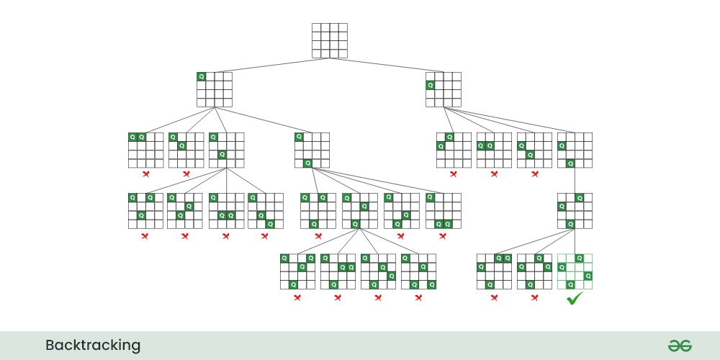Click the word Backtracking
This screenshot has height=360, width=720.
[93, 346]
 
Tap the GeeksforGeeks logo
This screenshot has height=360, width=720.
[680, 346]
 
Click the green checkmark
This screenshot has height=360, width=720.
[575, 299]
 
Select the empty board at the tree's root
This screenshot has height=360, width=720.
[330, 41]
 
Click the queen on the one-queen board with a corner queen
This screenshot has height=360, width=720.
[201, 77]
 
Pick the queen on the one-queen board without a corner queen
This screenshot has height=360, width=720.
[431, 85]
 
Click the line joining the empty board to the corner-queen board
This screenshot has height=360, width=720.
[272, 66]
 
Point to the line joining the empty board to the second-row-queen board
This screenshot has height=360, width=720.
[387, 66]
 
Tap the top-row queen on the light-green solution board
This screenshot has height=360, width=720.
[580, 258]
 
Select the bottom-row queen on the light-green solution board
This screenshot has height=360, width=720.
[571, 284]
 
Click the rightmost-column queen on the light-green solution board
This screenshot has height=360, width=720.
[588, 276]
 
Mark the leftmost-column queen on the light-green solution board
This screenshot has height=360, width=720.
[562, 267]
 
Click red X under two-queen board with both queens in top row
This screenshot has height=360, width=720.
[145, 174]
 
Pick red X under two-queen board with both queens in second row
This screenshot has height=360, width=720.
[494, 174]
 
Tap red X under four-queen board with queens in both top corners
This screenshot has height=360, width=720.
[297, 297]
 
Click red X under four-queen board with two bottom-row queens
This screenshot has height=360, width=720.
[418, 297]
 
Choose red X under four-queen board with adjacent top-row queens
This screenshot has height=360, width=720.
[494, 297]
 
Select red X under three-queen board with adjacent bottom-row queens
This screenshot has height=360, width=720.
[443, 236]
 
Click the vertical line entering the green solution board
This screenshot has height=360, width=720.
[575, 241]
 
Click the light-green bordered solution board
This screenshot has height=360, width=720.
[575, 272]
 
